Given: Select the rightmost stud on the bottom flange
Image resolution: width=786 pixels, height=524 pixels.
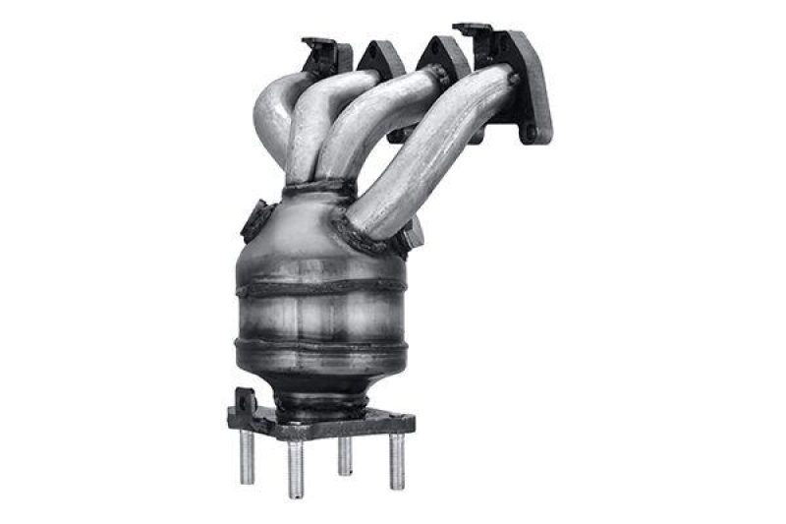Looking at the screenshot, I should point(396,460).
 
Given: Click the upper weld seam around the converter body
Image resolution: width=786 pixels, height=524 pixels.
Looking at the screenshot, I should point(319,287).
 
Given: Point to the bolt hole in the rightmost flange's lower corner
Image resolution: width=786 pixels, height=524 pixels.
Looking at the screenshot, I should point(532,130).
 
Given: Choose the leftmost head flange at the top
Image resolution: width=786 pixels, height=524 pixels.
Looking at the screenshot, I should point(324,54).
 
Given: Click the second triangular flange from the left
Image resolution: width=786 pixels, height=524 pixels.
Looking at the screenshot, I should point(381,59).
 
